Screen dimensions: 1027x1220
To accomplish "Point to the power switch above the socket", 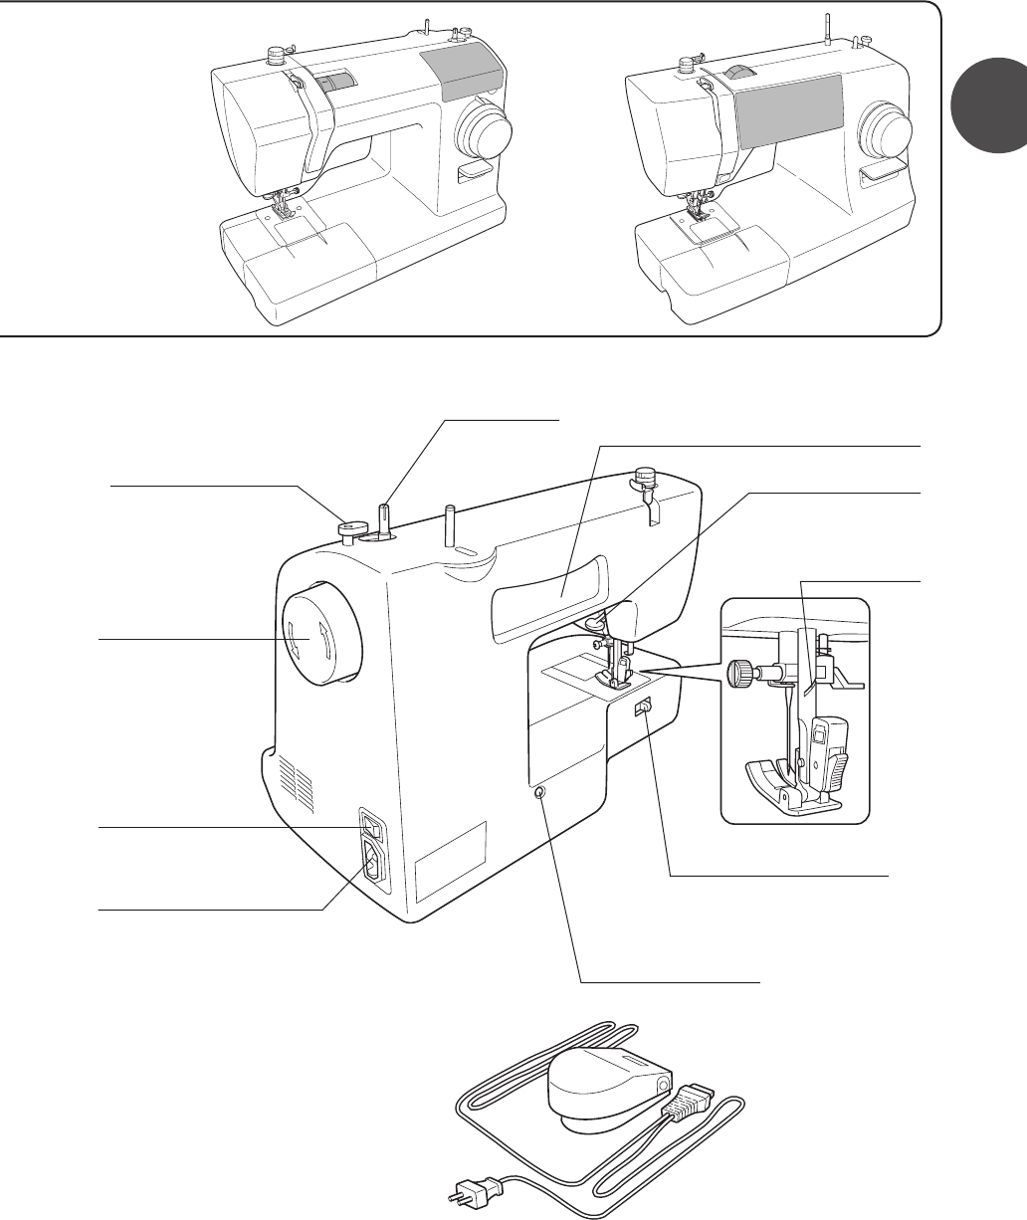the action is [x=373, y=826].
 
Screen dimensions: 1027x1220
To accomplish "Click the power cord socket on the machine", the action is [x=375, y=862].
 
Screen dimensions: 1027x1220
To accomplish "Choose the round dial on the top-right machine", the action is [x=884, y=127].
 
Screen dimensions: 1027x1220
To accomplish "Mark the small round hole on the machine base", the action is [x=537, y=793].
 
